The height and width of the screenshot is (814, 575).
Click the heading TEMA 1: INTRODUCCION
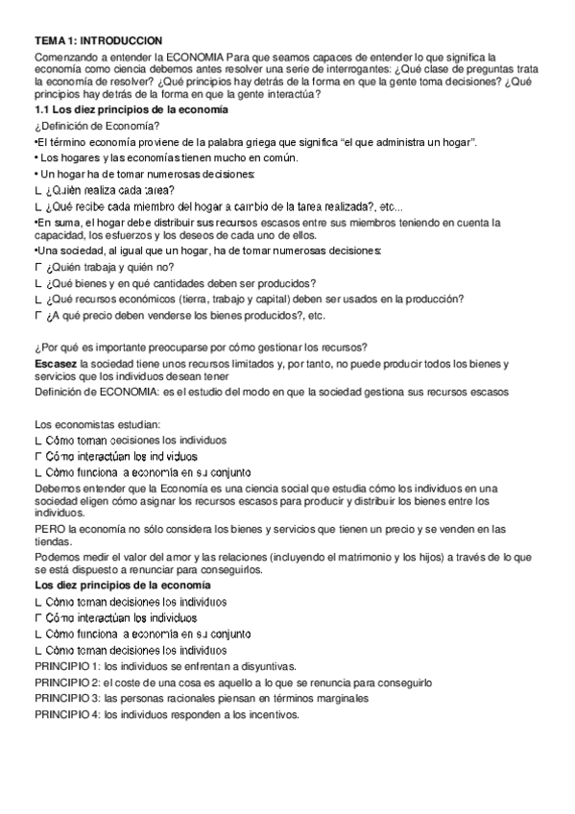pyautogui.click(x=99, y=42)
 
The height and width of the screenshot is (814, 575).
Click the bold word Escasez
pyautogui.click(x=56, y=364)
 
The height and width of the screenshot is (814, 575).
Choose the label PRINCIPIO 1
pyautogui.click(x=66, y=666)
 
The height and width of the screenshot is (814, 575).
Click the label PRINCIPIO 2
pyautogui.click(x=66, y=682)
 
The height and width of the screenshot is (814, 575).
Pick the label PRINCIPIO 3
pyautogui.click(x=66, y=699)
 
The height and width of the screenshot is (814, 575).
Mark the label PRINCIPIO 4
pyautogui.click(x=66, y=715)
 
